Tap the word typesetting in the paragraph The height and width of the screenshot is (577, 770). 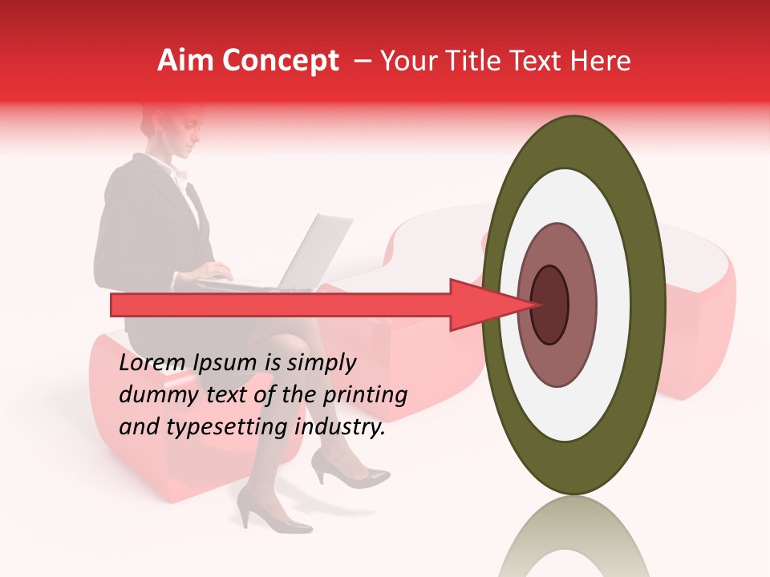pos(216,427)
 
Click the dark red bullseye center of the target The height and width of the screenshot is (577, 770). pos(549,305)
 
